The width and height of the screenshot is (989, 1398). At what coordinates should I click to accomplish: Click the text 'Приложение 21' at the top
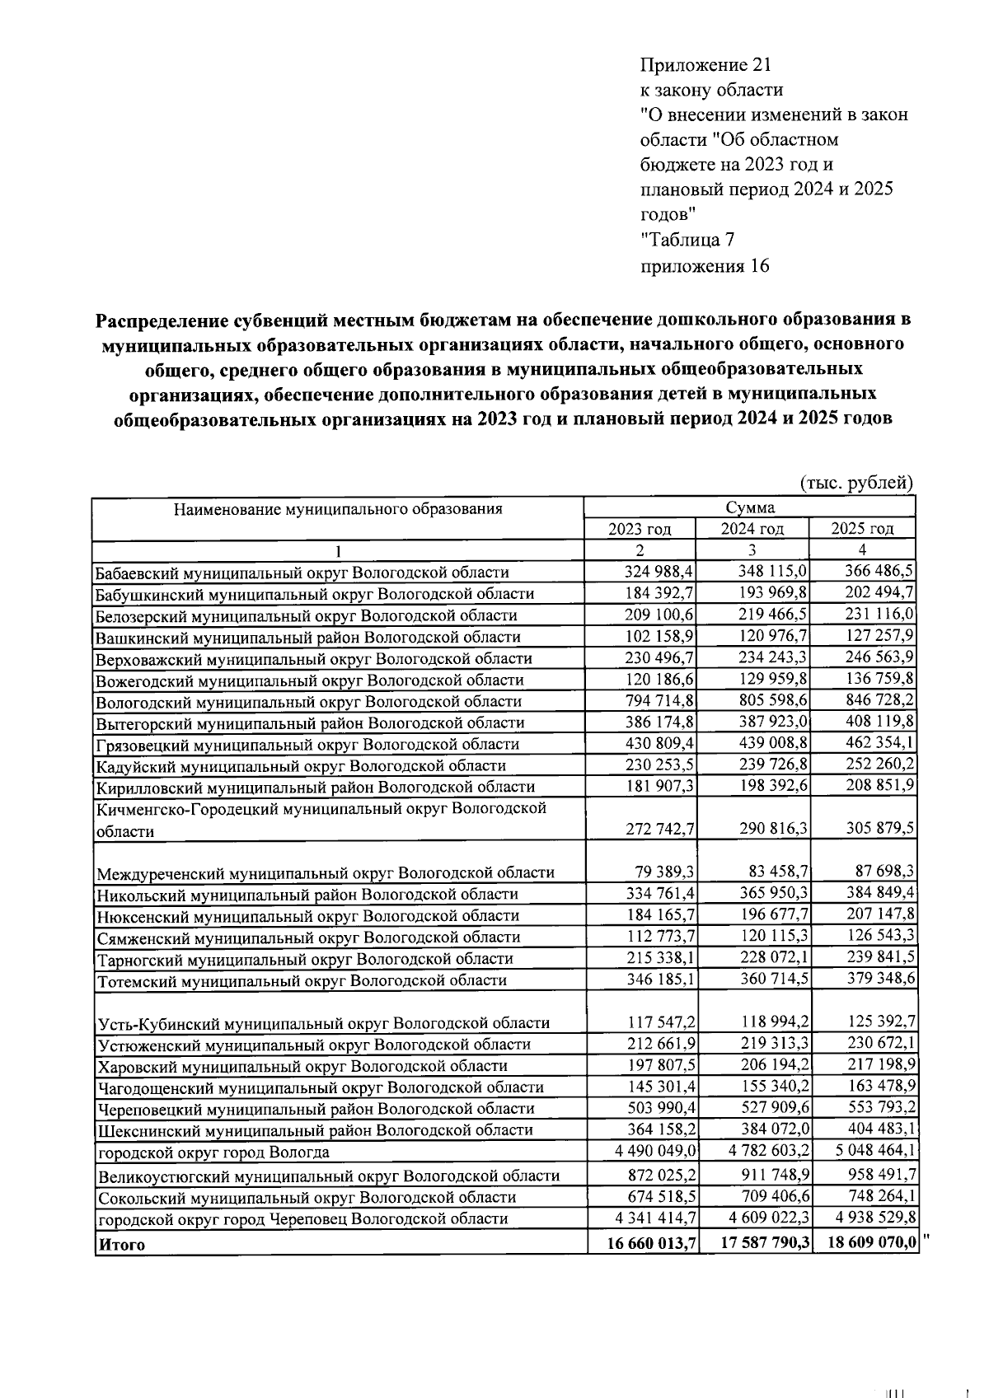click(x=705, y=64)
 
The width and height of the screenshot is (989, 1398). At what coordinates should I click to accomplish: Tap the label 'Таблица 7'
click(x=687, y=241)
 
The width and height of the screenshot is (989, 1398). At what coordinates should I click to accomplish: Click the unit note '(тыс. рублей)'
click(x=857, y=483)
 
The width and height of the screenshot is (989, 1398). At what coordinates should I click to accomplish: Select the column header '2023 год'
click(x=640, y=529)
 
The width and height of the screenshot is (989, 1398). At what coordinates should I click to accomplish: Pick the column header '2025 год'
click(x=862, y=529)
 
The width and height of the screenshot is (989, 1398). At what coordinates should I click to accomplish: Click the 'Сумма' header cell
click(x=749, y=507)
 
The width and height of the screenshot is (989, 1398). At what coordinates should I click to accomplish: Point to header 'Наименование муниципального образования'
click(x=338, y=508)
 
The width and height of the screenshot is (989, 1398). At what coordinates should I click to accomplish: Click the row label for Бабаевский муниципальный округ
click(x=302, y=573)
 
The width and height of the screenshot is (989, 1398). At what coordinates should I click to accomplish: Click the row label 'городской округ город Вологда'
click(x=213, y=1153)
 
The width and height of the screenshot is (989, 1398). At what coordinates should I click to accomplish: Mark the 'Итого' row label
click(x=121, y=1245)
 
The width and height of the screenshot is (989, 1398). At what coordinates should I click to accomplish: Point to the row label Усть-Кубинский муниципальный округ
click(x=323, y=1024)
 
